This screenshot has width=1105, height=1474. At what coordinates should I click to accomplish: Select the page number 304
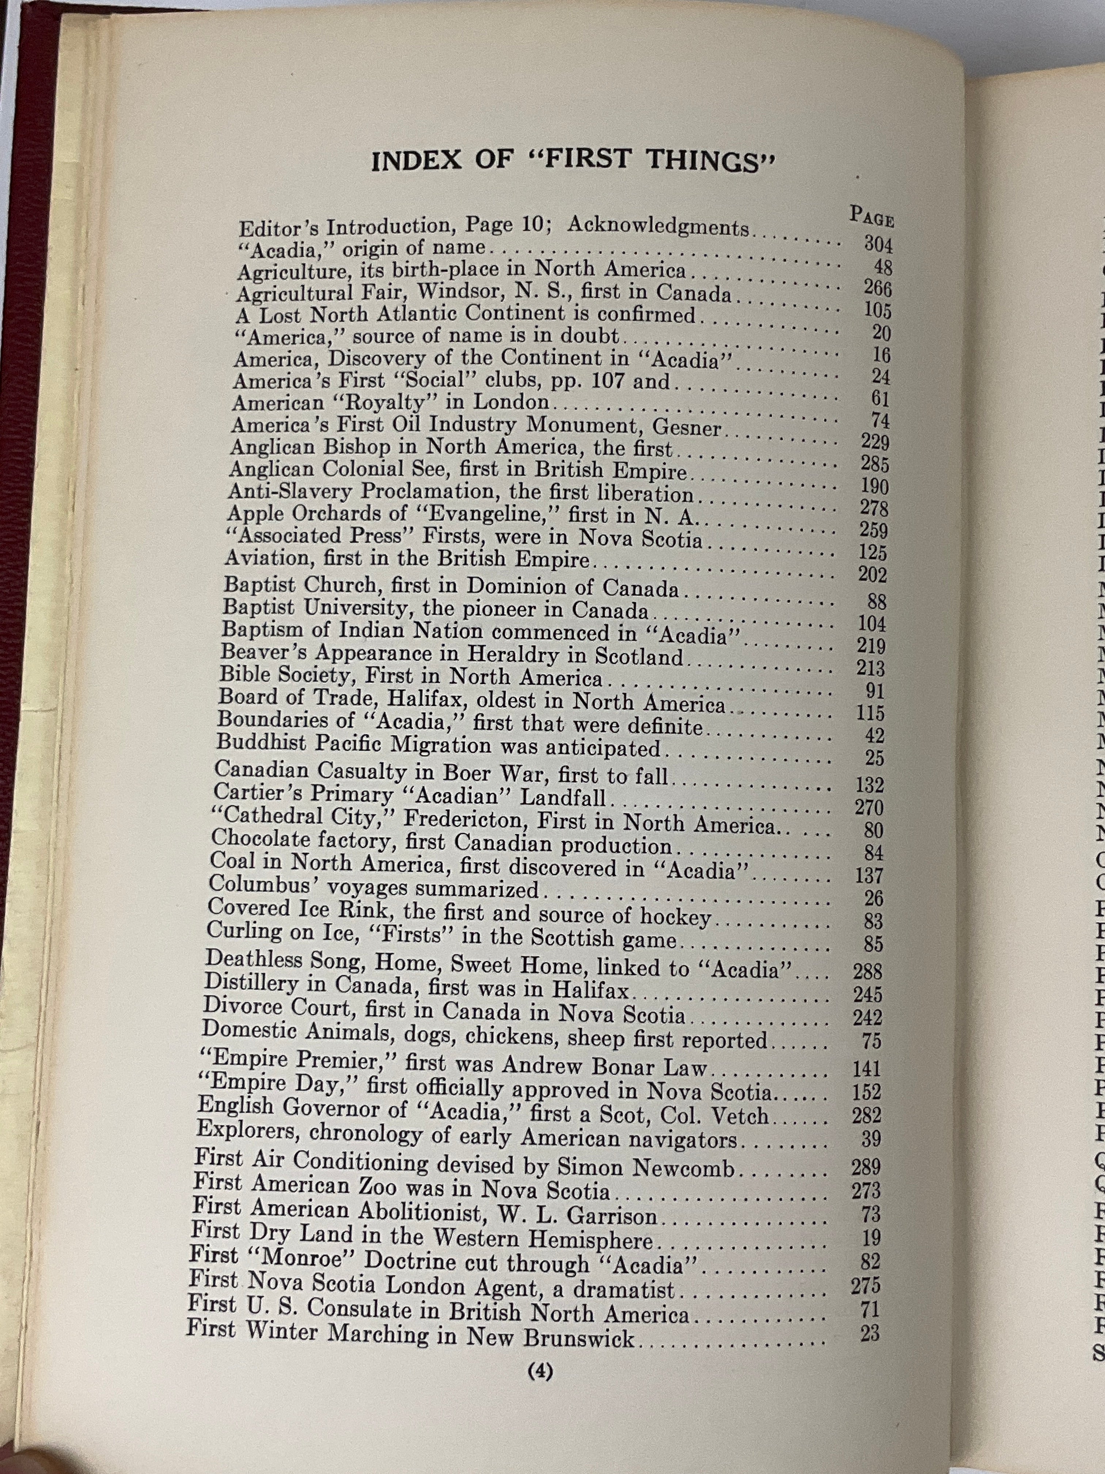pyautogui.click(x=878, y=244)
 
